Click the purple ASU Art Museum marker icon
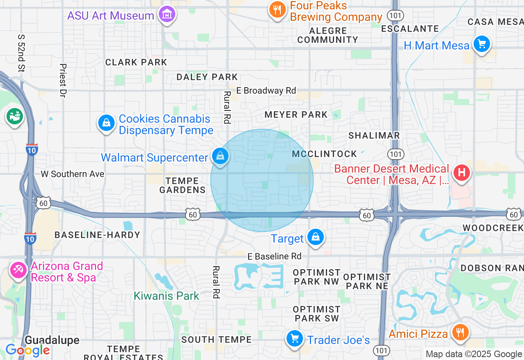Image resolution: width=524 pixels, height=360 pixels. click(167, 15)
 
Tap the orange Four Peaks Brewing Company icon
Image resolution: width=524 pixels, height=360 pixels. click(277, 10)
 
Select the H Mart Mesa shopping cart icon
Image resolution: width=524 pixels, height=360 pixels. click(481, 44)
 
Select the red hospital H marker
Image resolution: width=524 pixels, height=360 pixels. click(461, 173)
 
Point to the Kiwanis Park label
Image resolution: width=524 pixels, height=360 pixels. click(166, 296)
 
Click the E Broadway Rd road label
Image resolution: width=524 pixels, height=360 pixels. click(266, 90)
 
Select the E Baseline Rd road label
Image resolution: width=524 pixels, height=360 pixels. click(274, 256)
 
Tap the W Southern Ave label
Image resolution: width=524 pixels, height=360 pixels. click(72, 174)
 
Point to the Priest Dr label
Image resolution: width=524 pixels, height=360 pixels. click(63, 81)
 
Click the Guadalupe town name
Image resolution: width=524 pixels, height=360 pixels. click(52, 340)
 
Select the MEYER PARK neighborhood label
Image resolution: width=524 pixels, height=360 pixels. click(296, 115)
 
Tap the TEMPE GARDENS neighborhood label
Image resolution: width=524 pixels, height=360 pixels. click(182, 185)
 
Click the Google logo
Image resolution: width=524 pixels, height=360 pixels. click(27, 350)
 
